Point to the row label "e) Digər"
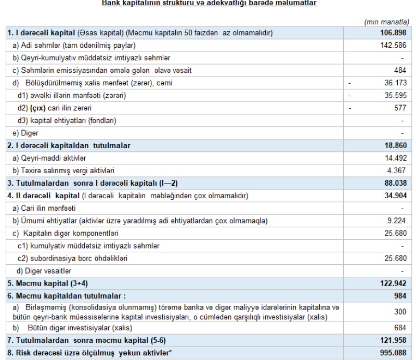(23, 133)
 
